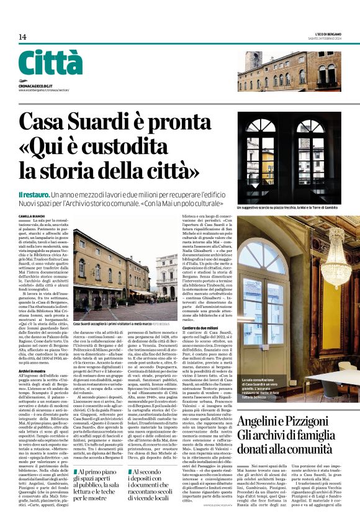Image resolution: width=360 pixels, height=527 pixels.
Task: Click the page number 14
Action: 22,37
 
